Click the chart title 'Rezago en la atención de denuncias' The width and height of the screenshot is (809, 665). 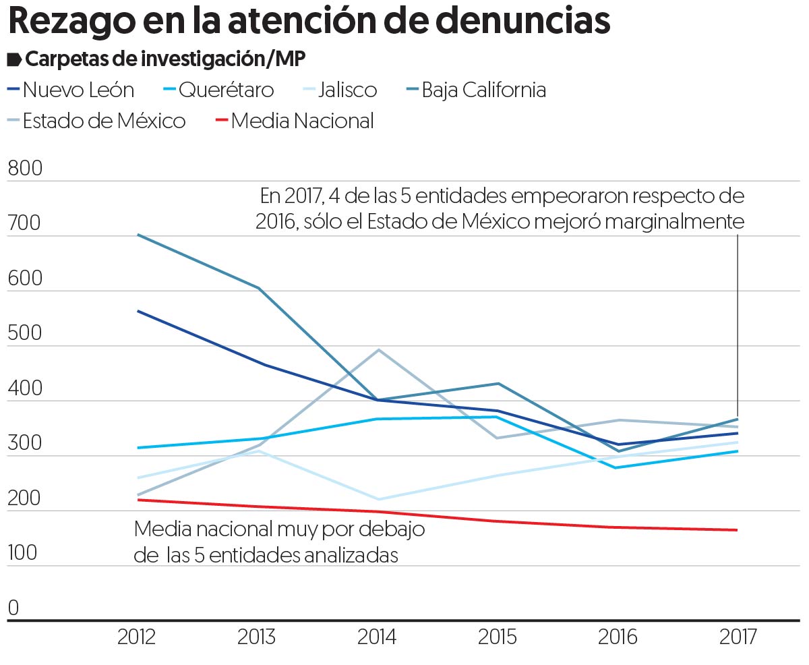pyautogui.click(x=309, y=22)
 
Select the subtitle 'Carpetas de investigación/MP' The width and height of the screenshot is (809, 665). pyautogui.click(x=164, y=59)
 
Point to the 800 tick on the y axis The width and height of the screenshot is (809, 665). pyautogui.click(x=24, y=169)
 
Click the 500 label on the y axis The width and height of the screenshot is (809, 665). pyautogui.click(x=24, y=335)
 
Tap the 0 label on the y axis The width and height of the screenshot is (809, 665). pyautogui.click(x=13, y=609)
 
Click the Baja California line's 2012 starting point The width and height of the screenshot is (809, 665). pyautogui.click(x=138, y=235)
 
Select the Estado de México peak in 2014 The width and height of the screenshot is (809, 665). pyautogui.click(x=378, y=350)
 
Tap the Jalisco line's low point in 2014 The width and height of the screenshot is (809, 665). pyautogui.click(x=378, y=499)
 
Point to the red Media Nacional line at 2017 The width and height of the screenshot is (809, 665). pyautogui.click(x=737, y=530)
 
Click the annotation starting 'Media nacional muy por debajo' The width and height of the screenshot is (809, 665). pyautogui.click(x=279, y=542)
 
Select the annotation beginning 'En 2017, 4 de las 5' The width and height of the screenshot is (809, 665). pyautogui.click(x=500, y=208)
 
